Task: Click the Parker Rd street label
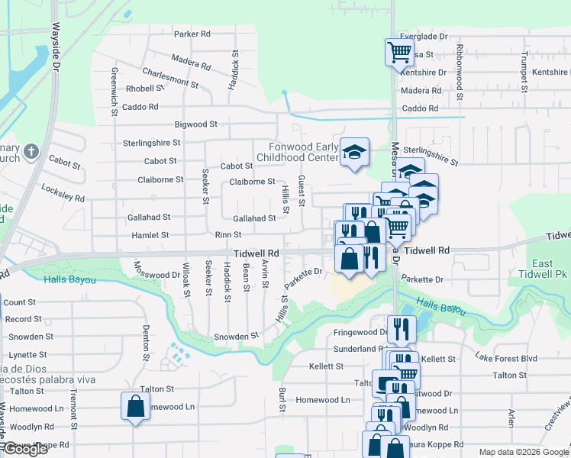(x=192, y=34)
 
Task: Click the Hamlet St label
(x=149, y=236)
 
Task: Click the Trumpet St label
(x=524, y=69)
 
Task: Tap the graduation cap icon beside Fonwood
(x=354, y=152)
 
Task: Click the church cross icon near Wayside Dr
(x=31, y=151)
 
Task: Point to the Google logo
(x=26, y=449)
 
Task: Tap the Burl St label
(x=282, y=399)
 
